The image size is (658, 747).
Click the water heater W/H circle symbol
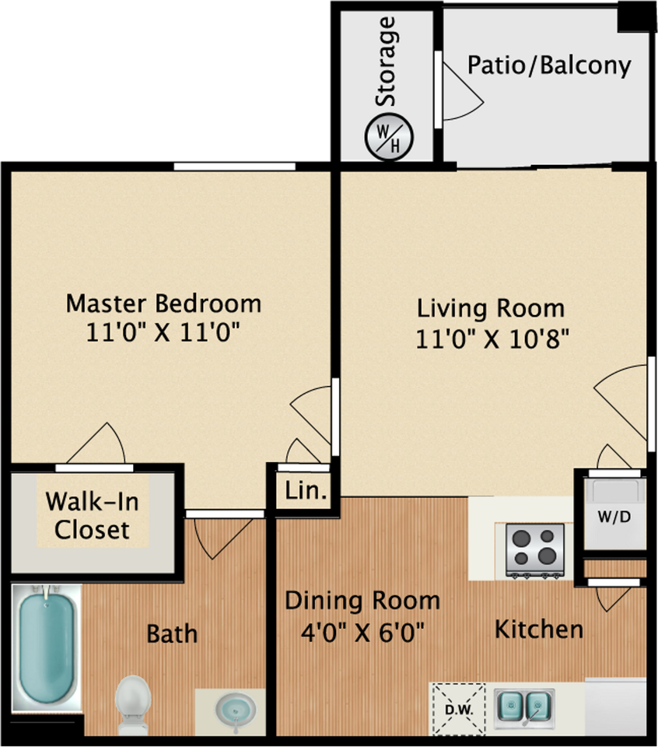coord(389,137)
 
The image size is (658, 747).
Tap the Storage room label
coord(386,61)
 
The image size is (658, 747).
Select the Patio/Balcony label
coord(549,65)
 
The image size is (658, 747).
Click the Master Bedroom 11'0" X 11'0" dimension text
coord(163,332)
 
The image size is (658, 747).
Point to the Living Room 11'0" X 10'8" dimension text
coord(492,340)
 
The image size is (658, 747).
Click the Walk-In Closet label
coord(92,515)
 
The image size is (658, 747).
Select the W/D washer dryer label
coord(614,517)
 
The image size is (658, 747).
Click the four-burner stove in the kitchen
coord(534,551)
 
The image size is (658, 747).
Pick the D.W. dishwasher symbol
coord(459,710)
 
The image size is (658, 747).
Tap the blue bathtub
coord(46,647)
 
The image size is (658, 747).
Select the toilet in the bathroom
coord(133,705)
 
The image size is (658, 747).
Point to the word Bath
coord(172,634)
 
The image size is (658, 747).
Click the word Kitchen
coord(539,630)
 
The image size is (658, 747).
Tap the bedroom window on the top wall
coord(234,167)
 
